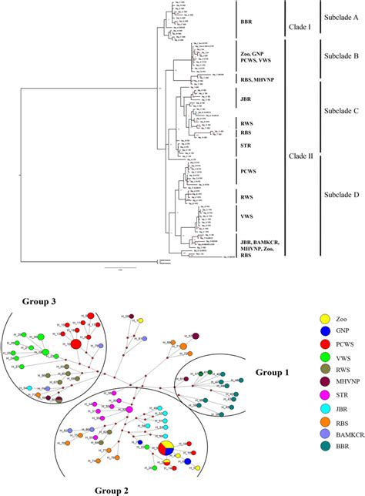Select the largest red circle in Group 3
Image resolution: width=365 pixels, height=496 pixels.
(75, 347)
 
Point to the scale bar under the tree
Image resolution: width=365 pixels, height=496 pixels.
(120, 267)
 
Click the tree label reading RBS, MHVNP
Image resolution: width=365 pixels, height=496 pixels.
(246, 78)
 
